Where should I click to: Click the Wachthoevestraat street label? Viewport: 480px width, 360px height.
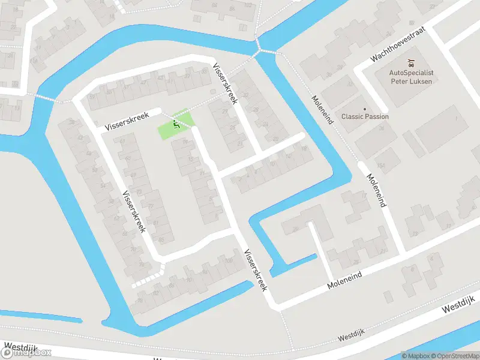(x=401, y=45)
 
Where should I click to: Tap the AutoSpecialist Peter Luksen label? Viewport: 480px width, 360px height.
(x=412, y=77)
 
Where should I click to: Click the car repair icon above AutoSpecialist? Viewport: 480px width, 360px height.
(x=411, y=63)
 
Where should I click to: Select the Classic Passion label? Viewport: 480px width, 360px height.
(x=365, y=116)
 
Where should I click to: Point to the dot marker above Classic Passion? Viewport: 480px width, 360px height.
(x=365, y=109)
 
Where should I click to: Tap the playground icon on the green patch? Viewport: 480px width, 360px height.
(x=176, y=124)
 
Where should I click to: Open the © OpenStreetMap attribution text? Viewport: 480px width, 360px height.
(x=449, y=356)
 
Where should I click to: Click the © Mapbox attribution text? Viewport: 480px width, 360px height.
(x=413, y=356)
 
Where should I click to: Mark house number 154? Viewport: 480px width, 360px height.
(x=379, y=165)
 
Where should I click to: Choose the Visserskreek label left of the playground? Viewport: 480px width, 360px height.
(x=126, y=121)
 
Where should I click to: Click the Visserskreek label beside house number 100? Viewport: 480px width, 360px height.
(x=255, y=270)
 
